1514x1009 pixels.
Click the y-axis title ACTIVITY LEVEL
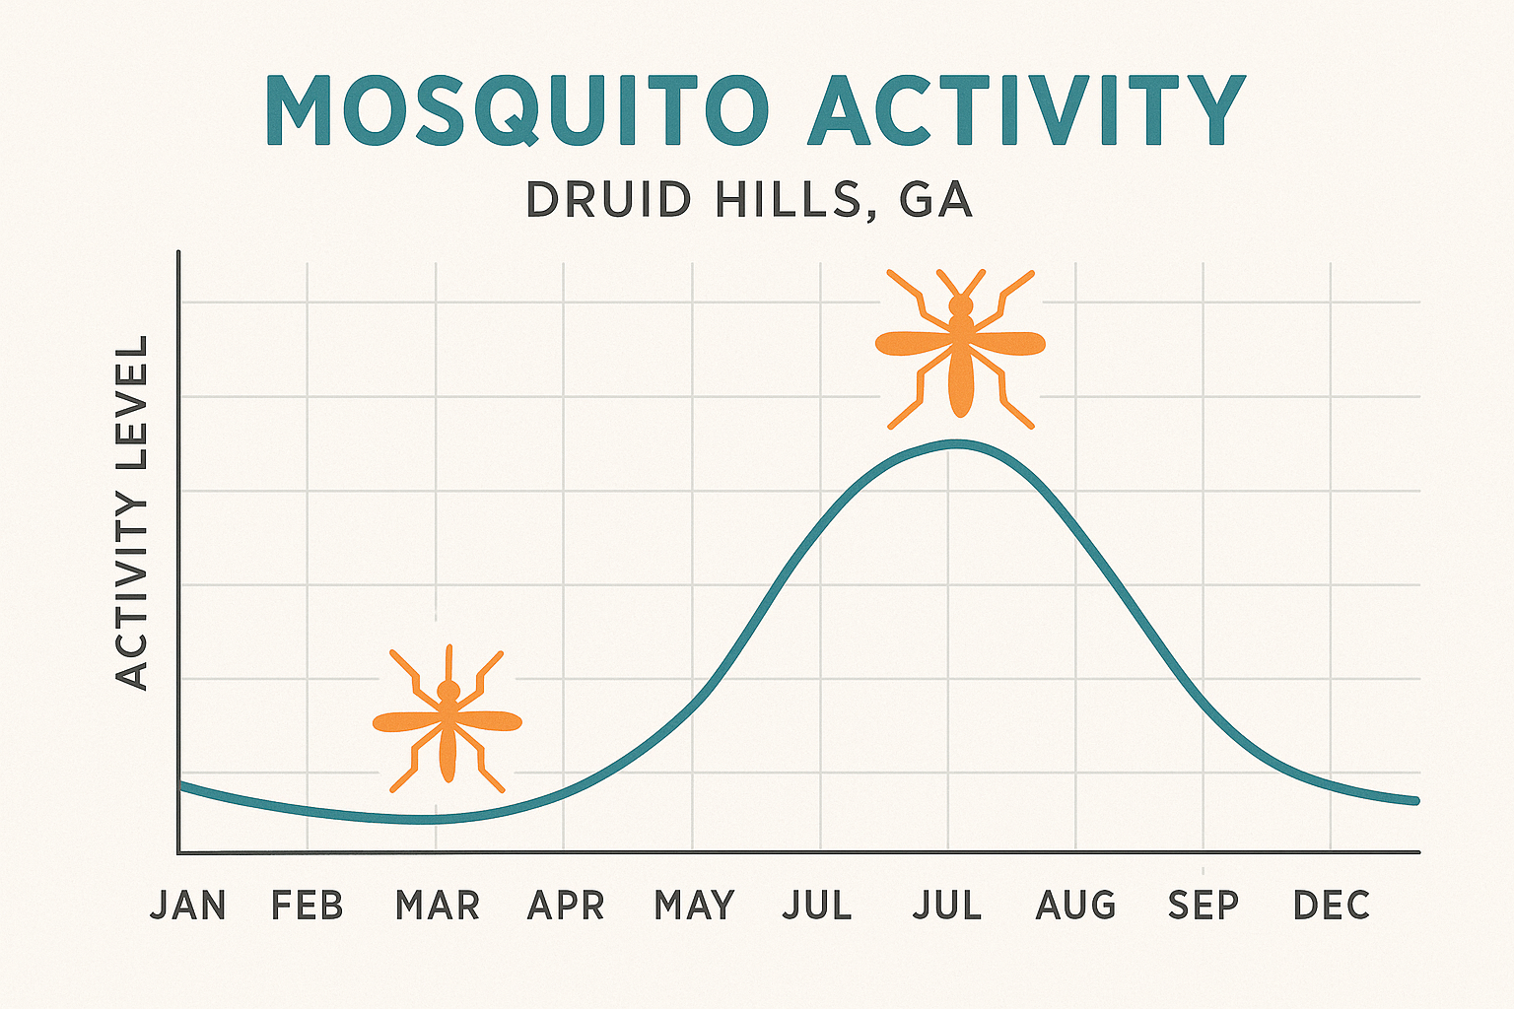pos(131,512)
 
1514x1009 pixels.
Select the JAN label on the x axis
pos(188,905)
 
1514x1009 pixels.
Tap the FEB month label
pos(308,905)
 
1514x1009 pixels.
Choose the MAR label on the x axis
pos(437,905)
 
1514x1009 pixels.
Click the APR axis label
pos(566,905)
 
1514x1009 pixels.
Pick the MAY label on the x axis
pos(694,905)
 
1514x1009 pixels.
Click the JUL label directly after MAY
pos(817,905)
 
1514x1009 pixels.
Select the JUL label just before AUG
pos(947,905)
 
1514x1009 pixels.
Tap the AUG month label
pos(1075,905)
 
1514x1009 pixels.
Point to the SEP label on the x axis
pos(1203,905)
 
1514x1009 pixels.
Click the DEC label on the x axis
pos(1332,905)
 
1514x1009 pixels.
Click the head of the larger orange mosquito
pos(960,305)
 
